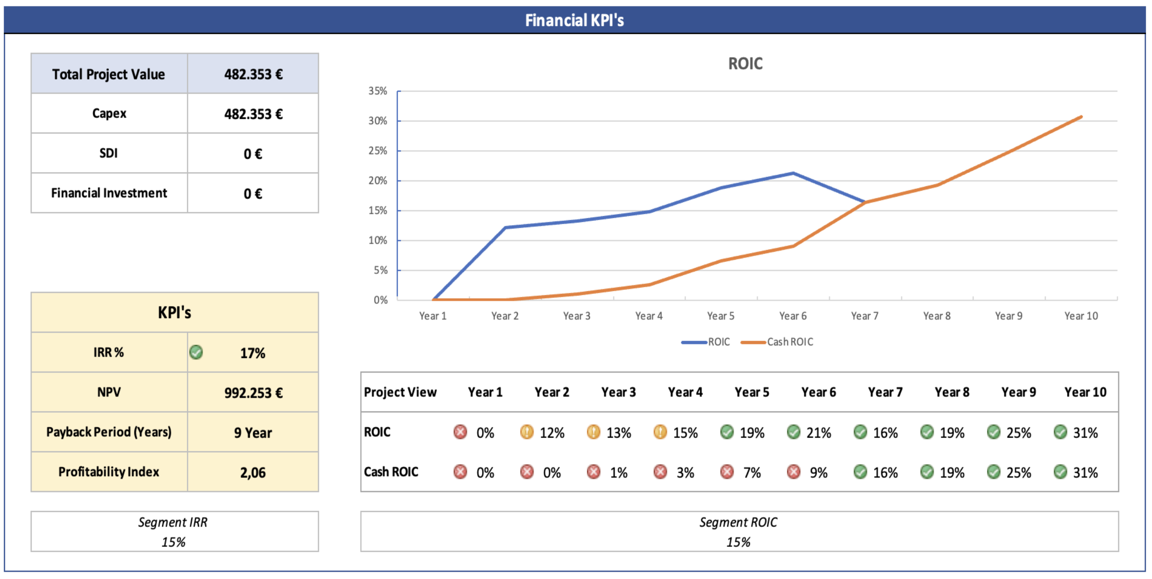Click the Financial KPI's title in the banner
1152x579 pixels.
point(574,20)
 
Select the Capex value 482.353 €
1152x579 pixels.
point(253,114)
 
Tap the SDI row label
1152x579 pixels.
point(109,153)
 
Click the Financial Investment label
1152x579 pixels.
point(109,193)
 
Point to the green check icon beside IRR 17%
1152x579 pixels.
point(196,352)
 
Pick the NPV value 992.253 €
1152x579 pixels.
point(253,393)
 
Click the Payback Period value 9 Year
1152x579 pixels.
point(253,432)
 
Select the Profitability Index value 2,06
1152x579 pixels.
point(253,472)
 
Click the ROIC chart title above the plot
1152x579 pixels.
point(745,64)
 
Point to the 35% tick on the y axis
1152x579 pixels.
point(378,91)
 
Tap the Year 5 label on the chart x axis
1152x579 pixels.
point(721,316)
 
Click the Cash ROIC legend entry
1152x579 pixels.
point(790,342)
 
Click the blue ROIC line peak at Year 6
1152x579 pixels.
point(793,173)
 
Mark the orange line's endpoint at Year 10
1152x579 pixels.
point(1081,117)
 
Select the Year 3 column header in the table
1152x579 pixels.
point(618,392)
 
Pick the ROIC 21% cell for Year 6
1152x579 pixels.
point(818,432)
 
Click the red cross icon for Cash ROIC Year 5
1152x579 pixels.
point(727,472)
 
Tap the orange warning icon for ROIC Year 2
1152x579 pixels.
point(527,432)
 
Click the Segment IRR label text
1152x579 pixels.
point(173,522)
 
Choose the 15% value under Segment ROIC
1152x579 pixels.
point(738,542)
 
